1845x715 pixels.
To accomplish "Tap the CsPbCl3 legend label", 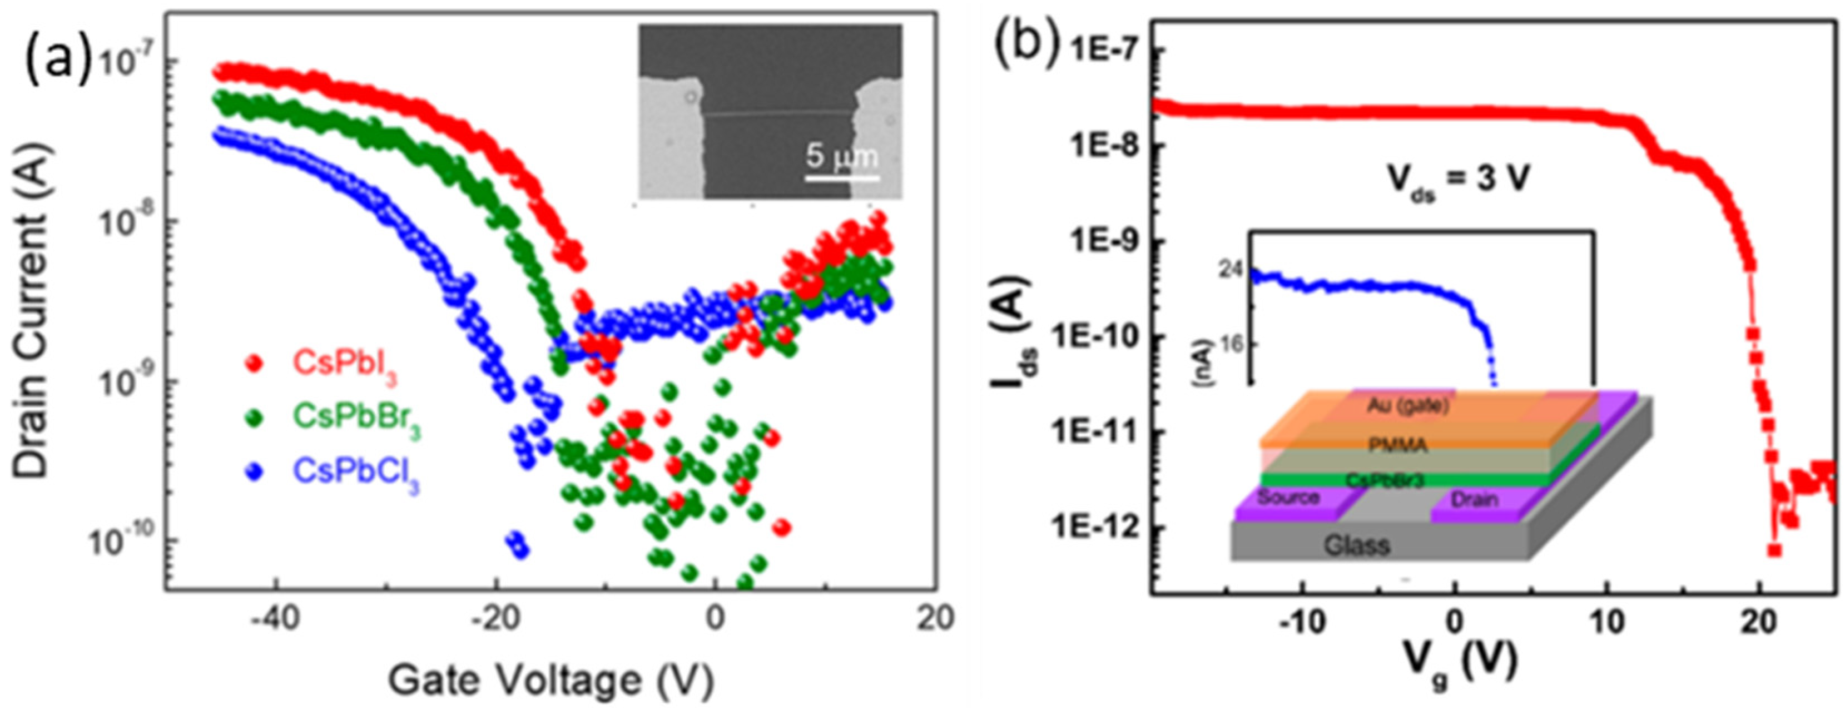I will (x=355, y=473).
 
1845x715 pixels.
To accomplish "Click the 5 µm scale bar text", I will (x=841, y=156).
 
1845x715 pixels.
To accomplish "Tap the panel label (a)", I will (x=59, y=58).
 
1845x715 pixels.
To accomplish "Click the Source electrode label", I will (x=1288, y=496).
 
